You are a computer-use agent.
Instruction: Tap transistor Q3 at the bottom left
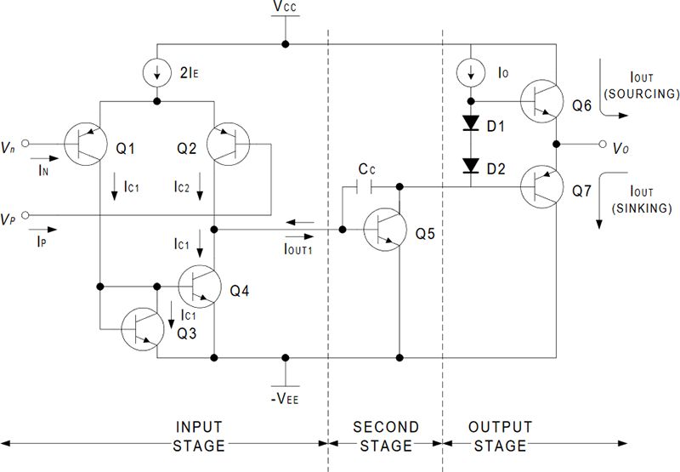[141, 329]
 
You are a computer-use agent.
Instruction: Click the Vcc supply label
[286, 9]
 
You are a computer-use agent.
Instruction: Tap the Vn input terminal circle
[25, 143]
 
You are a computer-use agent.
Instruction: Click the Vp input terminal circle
[25, 215]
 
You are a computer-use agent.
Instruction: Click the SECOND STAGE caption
[385, 436]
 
